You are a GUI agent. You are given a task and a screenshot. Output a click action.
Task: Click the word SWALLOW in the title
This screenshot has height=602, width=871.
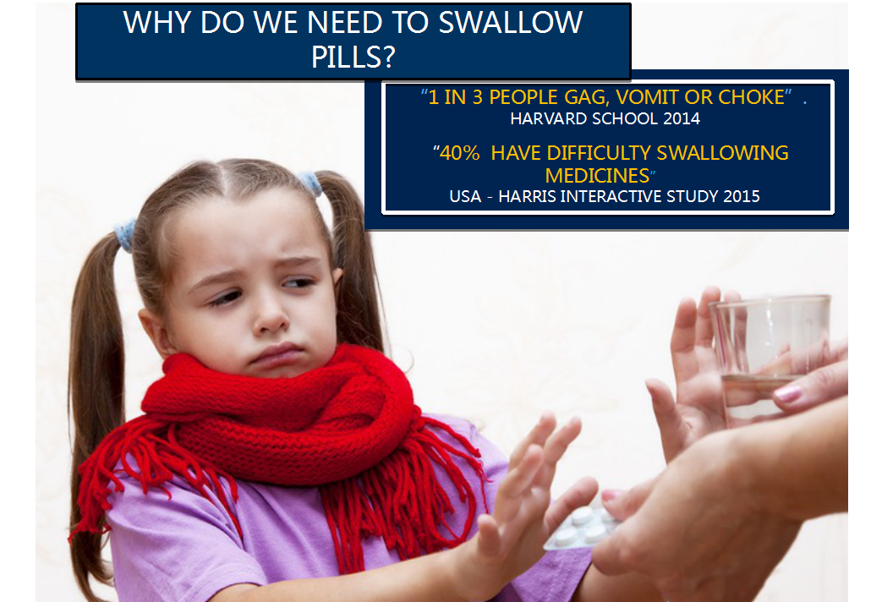[x=511, y=23]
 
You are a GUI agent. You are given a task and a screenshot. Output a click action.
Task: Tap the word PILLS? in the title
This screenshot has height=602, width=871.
[x=353, y=57]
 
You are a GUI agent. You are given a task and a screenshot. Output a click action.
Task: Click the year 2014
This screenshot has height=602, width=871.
[x=682, y=119]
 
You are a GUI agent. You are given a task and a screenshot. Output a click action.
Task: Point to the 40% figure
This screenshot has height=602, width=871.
[x=459, y=153]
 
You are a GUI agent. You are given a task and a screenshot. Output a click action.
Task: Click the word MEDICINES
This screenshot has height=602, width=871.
[x=597, y=176]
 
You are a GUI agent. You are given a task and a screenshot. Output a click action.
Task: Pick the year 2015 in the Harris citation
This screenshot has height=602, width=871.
[x=742, y=197]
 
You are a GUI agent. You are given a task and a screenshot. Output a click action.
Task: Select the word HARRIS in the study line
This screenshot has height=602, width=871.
[x=528, y=197]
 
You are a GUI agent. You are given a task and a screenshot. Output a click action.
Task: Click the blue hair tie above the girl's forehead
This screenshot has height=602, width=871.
[x=310, y=183]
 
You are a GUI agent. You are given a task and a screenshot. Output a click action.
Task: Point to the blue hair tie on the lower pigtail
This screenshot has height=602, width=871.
[x=125, y=234]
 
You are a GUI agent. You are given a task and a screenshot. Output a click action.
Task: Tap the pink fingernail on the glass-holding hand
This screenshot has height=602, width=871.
[x=787, y=394]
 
